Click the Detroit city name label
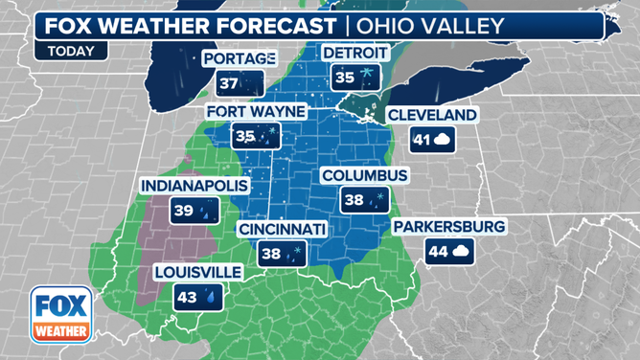[x=355, y=51]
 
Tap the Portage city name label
[x=240, y=59]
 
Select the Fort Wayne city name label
[x=256, y=111]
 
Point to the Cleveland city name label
[x=431, y=115]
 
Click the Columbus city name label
[x=365, y=175]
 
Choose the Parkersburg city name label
[x=448, y=227]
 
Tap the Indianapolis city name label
[x=194, y=185]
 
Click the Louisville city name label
[x=198, y=272]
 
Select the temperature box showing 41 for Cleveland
[x=432, y=140]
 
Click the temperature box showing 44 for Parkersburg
[x=447, y=252]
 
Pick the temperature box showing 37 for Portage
[x=240, y=84]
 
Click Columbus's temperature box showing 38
[x=365, y=200]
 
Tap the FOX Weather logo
[x=61, y=315]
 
